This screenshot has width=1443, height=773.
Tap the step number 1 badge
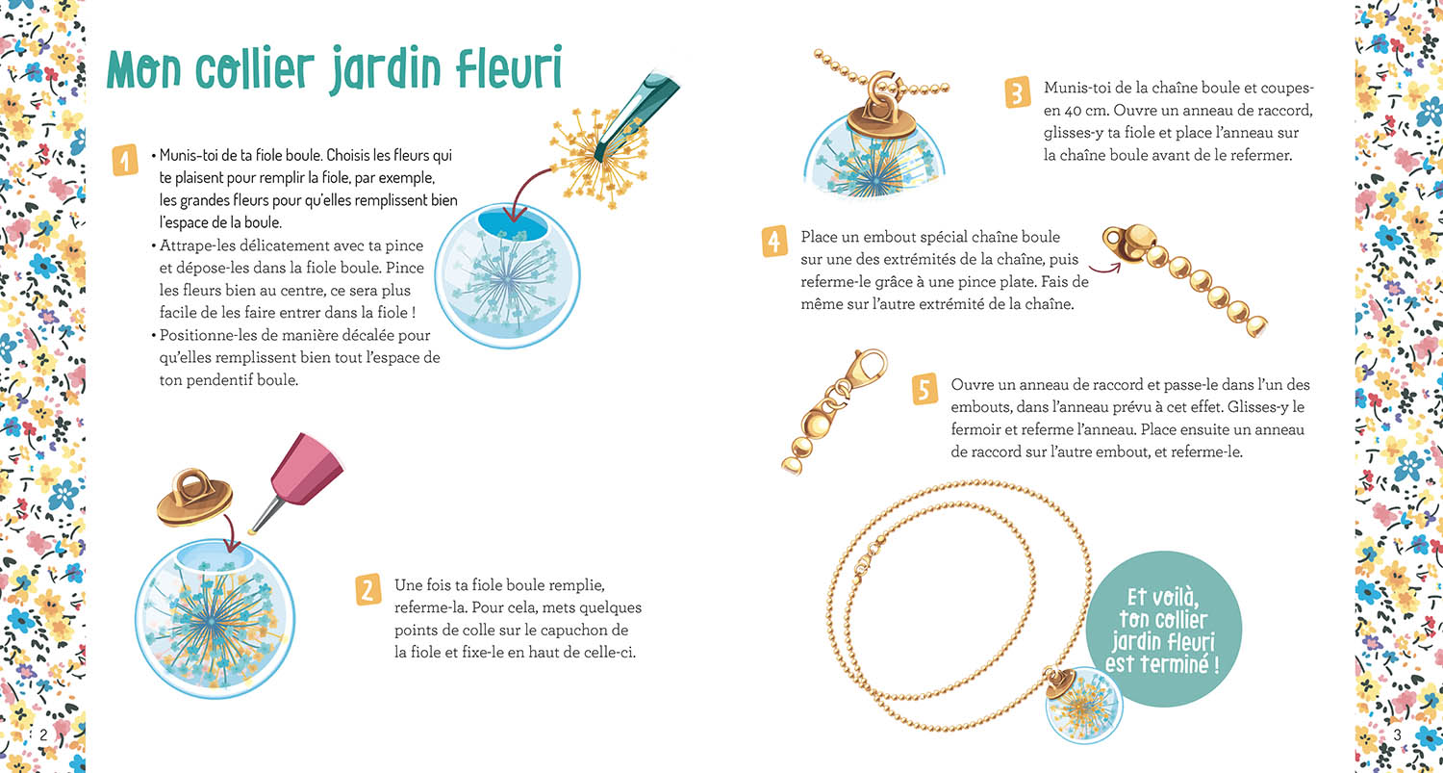(125, 160)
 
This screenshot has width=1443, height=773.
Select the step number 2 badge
(368, 587)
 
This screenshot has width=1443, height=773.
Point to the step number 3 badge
(1017, 92)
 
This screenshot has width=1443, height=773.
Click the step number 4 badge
(774, 241)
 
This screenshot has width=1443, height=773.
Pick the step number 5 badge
(924, 389)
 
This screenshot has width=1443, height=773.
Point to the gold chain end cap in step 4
(1129, 242)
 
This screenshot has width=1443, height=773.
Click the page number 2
(43, 734)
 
